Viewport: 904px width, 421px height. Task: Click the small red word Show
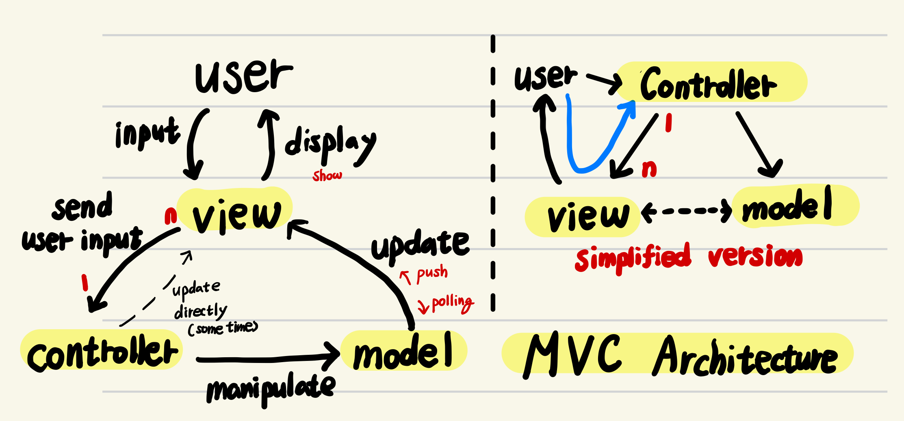click(327, 175)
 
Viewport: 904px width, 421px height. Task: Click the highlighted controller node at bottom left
click(102, 352)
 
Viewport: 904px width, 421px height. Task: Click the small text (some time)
click(223, 328)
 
